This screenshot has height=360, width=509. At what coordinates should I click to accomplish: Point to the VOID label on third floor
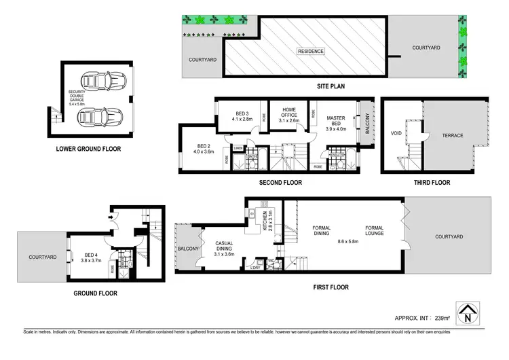click(396, 134)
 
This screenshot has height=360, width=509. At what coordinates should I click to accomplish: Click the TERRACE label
click(453, 136)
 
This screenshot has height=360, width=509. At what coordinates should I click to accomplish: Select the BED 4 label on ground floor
click(90, 256)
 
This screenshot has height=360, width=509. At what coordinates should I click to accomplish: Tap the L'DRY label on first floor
click(256, 268)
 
